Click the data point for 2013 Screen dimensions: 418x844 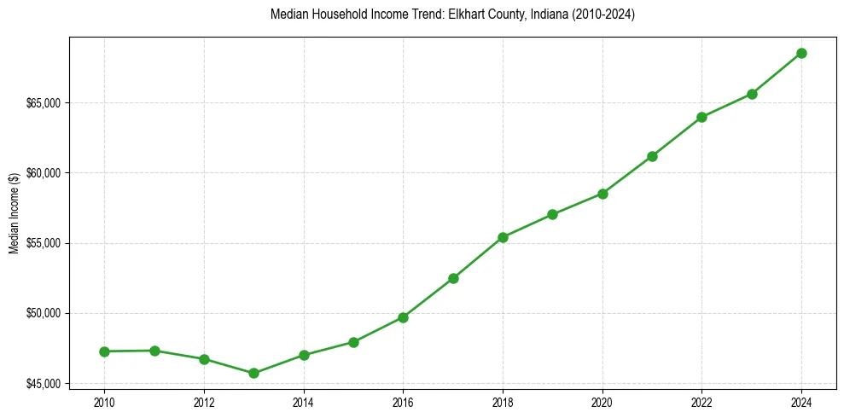click(x=253, y=373)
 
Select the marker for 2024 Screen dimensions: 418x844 click(x=801, y=53)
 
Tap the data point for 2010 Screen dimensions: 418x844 click(x=104, y=351)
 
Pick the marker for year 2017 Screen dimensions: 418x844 click(x=453, y=278)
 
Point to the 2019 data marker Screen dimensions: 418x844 click(x=552, y=214)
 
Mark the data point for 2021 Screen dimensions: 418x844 click(x=652, y=156)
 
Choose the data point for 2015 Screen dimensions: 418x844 click(x=353, y=342)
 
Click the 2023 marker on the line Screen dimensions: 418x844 click(x=752, y=94)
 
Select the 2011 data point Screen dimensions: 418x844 click(x=154, y=351)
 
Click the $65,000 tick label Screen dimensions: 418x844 click(x=44, y=103)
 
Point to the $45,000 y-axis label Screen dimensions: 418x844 click(x=44, y=383)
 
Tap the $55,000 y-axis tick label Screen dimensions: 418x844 click(x=44, y=243)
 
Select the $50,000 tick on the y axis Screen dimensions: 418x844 click(x=44, y=313)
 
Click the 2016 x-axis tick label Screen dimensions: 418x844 click(x=403, y=402)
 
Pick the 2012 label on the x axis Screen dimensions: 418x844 click(x=204, y=402)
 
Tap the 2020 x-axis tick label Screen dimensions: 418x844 click(x=602, y=402)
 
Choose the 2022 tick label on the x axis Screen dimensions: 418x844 click(x=701, y=402)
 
